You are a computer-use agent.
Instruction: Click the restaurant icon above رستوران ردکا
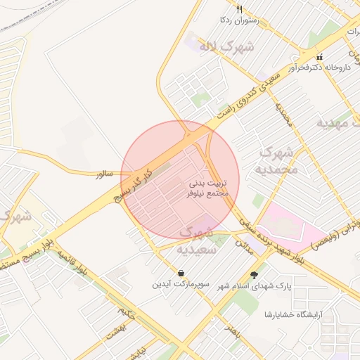[x=240, y=9]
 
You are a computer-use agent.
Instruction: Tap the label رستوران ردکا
[x=240, y=21]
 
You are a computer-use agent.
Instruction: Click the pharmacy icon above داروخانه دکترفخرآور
[x=320, y=57]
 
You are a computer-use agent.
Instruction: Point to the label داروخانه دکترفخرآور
[x=326, y=68]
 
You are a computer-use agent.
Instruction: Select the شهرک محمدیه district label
[x=279, y=161]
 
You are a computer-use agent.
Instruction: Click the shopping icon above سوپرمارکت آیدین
[x=181, y=273]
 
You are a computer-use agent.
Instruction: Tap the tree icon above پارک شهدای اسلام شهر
[x=254, y=275]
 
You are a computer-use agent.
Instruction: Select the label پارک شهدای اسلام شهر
[x=254, y=287]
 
